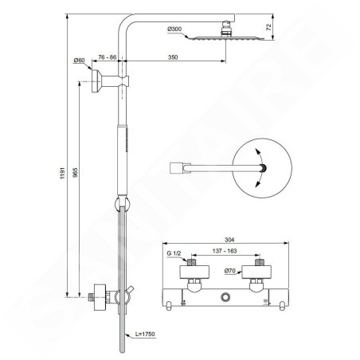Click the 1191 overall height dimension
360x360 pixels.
63,173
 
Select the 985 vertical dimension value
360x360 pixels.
76,172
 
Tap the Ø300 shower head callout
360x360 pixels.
174,29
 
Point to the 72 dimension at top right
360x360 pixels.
269,27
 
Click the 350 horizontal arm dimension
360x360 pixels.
173,57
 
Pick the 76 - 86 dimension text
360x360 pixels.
108,57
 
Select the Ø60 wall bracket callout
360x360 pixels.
79,61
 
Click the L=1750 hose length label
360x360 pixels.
145,334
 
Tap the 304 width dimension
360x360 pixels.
229,240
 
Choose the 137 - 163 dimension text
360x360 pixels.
225,251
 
